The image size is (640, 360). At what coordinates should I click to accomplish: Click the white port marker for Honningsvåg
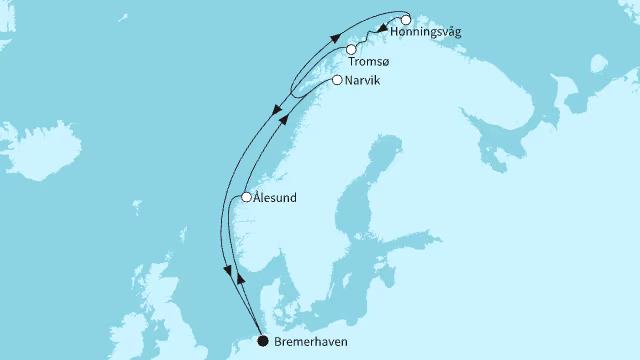click(406, 19)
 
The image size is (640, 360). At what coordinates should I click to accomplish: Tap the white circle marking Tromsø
click(351, 49)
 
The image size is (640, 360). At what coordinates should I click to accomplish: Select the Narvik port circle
click(337, 80)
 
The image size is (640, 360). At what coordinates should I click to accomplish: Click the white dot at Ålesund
click(246, 197)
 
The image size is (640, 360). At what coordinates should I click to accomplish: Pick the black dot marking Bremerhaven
click(262, 341)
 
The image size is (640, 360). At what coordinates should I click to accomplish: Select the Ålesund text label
click(276, 198)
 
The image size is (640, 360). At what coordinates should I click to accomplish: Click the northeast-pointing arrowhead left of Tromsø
click(335, 36)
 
